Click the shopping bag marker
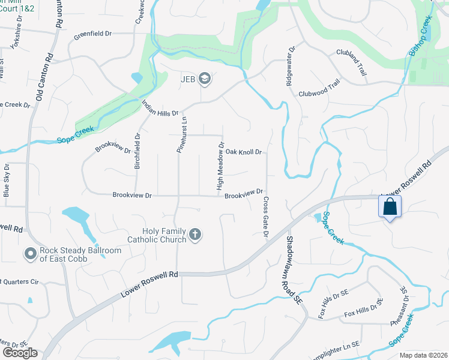390,207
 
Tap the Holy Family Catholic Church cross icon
194,235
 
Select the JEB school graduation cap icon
205,79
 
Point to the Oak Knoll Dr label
244,152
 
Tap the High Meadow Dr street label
221,167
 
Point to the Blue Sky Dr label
7,180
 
